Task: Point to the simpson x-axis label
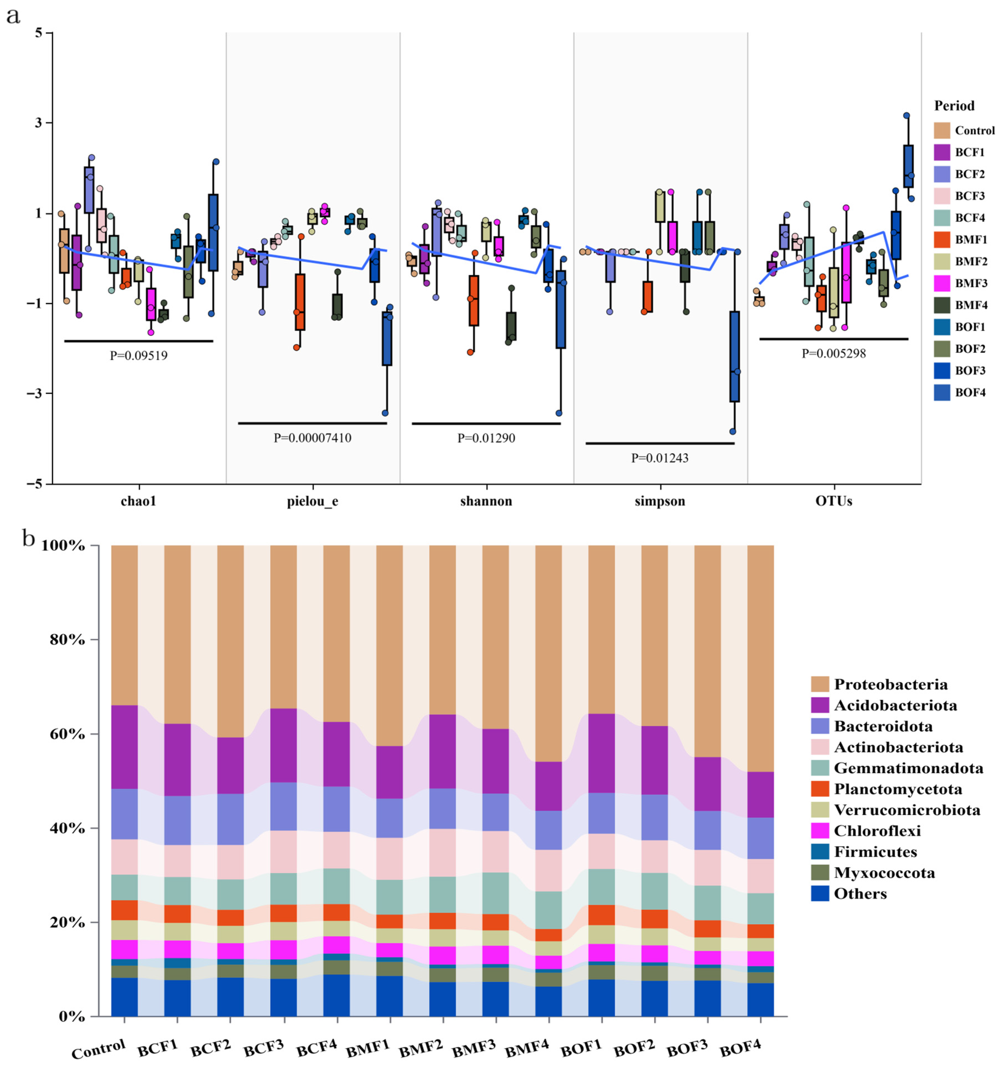(x=660, y=501)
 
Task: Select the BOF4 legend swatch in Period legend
(x=942, y=392)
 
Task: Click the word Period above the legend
(x=954, y=106)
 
